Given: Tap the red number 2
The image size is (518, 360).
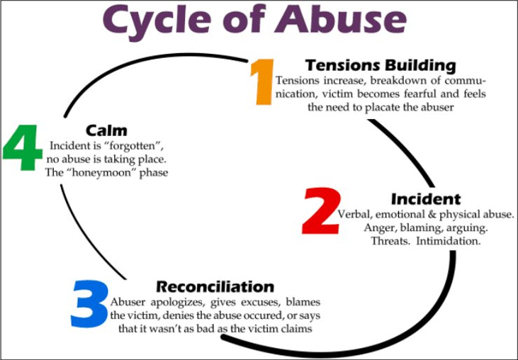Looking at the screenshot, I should pos(321,212).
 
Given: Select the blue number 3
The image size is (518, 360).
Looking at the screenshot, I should pos(90,303).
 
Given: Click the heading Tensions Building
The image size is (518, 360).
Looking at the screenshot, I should pos(381,66).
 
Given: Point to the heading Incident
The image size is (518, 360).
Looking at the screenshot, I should pos(425,199).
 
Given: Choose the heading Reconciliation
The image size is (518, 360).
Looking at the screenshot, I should pos(215,287).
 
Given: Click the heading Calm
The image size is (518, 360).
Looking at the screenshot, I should pos(106,130).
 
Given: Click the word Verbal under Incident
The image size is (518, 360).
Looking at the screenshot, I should pos(354,214).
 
